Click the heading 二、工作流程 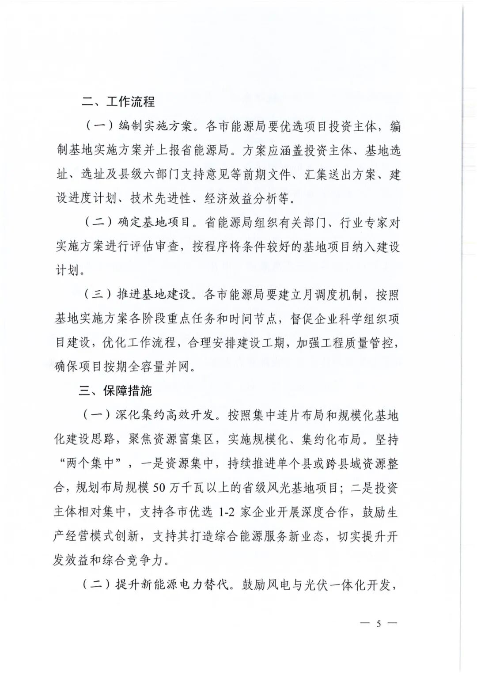(x=118, y=102)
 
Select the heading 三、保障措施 (x=115, y=391)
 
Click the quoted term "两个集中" (x=89, y=464)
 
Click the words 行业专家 (x=363, y=223)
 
